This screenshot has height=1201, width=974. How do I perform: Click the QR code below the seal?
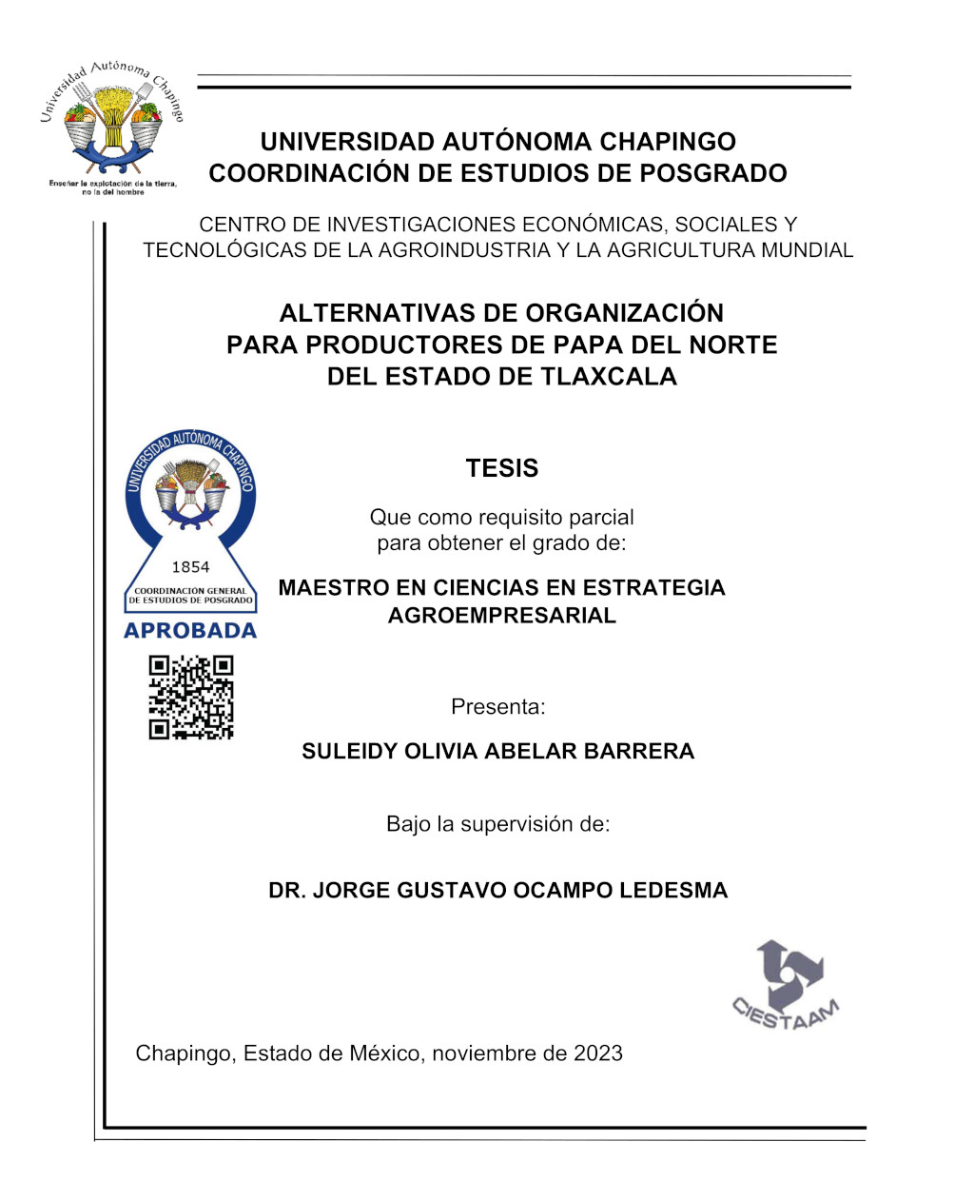[x=190, y=698]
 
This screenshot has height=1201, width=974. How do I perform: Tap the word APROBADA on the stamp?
[x=190, y=630]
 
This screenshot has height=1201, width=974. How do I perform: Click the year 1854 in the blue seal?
[x=190, y=567]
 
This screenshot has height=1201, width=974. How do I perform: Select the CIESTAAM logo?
[x=787, y=986]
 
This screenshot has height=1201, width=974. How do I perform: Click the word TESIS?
[x=502, y=468]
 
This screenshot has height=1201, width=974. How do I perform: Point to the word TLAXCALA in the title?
[x=609, y=376]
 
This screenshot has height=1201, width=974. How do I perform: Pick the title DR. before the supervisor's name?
[x=287, y=891]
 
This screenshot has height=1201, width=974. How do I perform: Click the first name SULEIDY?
[x=349, y=751]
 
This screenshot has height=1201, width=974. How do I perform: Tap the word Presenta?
[x=498, y=707]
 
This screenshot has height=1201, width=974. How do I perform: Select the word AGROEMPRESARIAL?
[x=502, y=615]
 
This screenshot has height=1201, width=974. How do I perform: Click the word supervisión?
[x=517, y=824]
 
